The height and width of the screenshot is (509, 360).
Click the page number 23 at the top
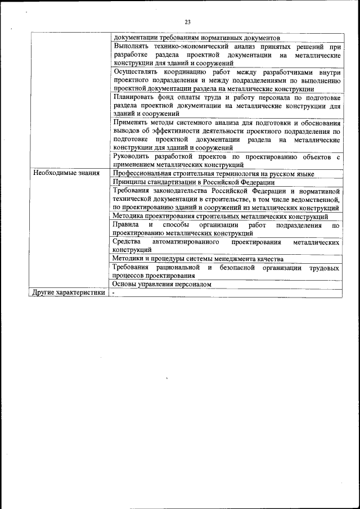pos(187,22)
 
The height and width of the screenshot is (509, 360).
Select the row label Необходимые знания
pos(66,173)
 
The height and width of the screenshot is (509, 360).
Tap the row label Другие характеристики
pos(69,293)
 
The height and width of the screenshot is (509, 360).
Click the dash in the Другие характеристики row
pos(113,293)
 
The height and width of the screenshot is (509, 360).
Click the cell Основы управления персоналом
pos(162,285)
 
